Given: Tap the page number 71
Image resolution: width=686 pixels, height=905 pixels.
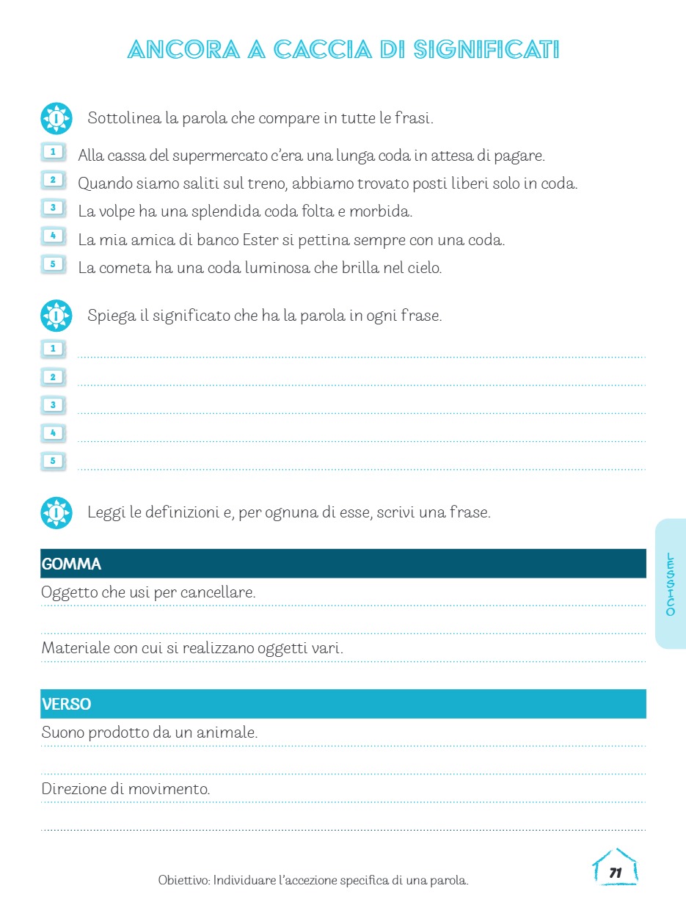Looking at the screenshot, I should point(616,873).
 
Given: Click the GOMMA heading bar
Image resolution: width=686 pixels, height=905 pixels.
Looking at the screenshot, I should point(343,564).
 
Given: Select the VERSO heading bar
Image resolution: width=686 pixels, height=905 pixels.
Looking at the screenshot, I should point(343,704).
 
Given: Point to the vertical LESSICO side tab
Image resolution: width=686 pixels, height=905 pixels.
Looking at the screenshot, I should point(670,584).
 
